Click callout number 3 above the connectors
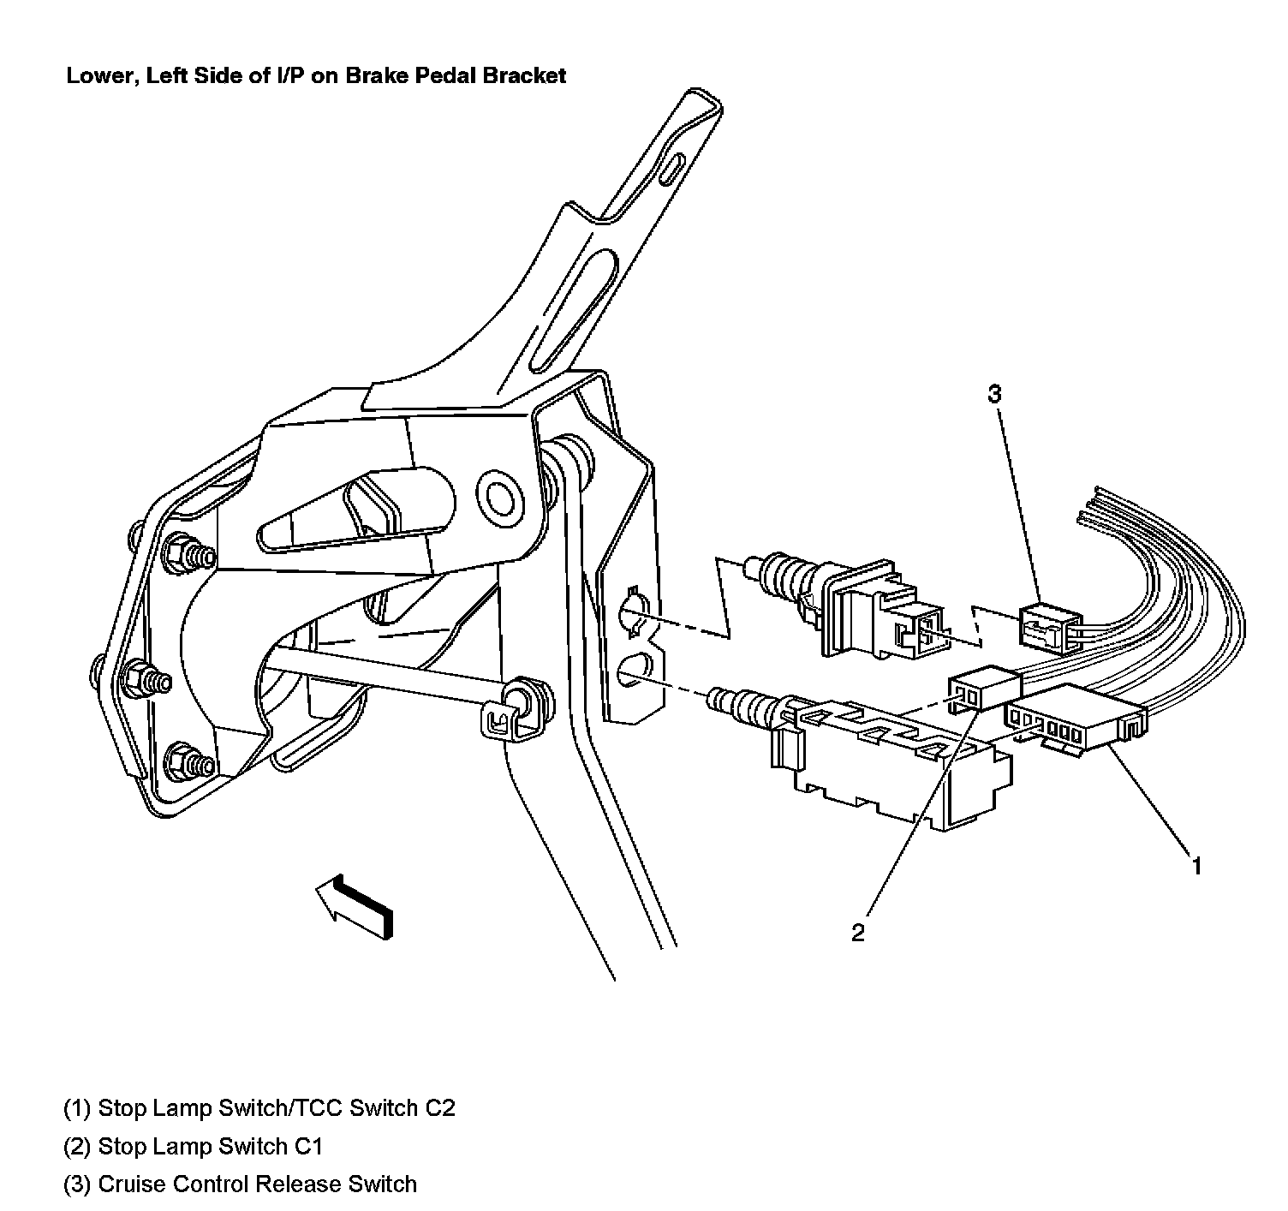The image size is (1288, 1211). pos(994,395)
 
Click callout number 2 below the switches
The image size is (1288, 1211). pos(858,933)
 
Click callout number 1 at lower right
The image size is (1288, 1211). pos(1196,866)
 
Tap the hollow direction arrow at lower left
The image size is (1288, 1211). pos(353,909)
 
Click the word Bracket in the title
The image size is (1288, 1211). pos(524,75)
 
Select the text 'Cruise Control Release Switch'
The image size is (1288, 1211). pos(257,1184)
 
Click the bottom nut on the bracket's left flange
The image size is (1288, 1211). pos(182,758)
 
